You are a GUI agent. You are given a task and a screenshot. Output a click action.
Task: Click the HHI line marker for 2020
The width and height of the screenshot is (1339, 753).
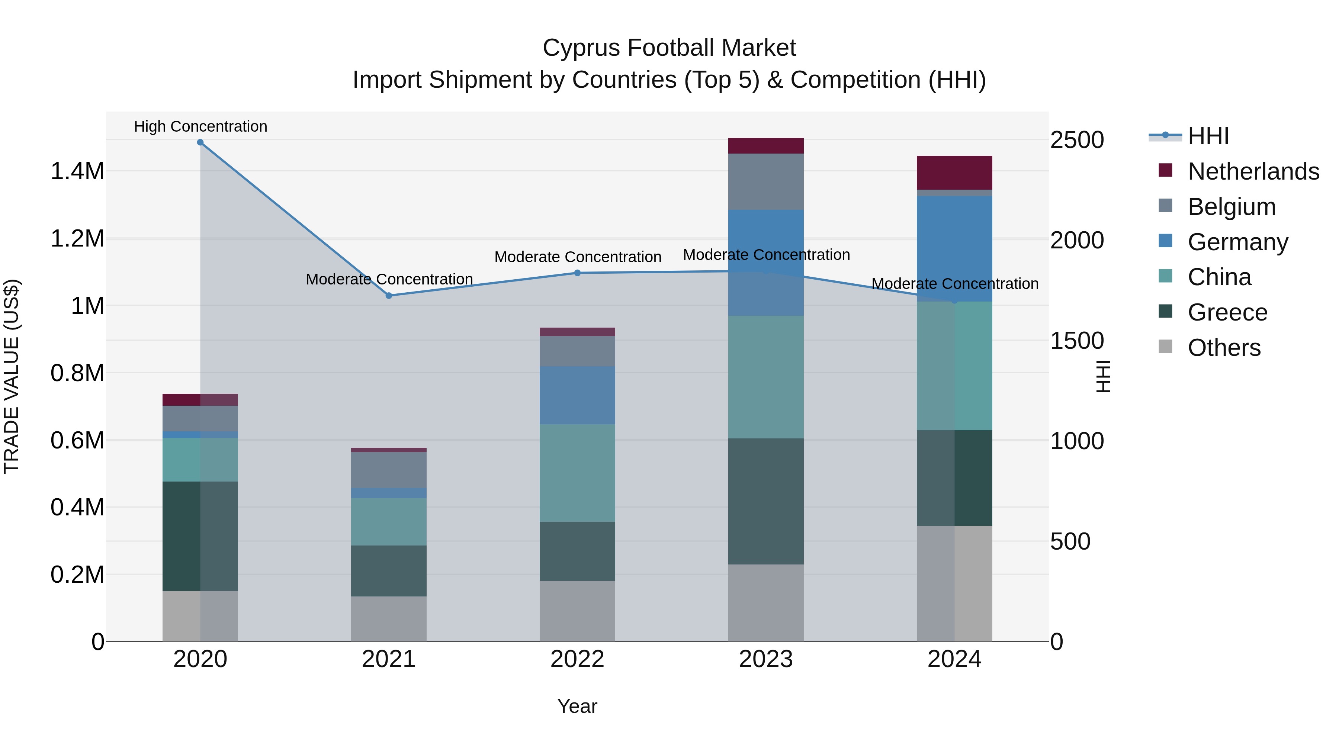tap(200, 142)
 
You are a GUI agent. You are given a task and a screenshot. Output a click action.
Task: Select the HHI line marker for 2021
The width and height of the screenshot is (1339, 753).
tap(389, 296)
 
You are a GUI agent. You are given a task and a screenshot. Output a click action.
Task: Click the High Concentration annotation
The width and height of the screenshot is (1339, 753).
tap(200, 127)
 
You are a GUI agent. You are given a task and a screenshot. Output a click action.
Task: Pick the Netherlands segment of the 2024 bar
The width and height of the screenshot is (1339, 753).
tap(954, 173)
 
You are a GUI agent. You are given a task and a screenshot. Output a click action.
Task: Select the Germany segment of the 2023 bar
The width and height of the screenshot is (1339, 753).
tap(766, 263)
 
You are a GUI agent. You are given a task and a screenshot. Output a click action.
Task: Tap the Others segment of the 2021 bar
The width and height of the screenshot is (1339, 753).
tap(389, 618)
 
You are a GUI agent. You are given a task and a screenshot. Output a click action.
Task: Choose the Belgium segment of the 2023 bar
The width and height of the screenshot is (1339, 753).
tap(766, 181)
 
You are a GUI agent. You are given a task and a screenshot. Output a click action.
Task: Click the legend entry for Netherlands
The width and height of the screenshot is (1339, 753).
tap(1253, 171)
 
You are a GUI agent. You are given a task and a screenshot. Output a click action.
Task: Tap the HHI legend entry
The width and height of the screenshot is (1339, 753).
tap(1207, 136)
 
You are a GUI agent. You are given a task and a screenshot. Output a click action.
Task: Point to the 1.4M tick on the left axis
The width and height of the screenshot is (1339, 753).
tap(77, 171)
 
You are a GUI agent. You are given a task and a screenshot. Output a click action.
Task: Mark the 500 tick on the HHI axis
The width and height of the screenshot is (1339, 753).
tap(1070, 541)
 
